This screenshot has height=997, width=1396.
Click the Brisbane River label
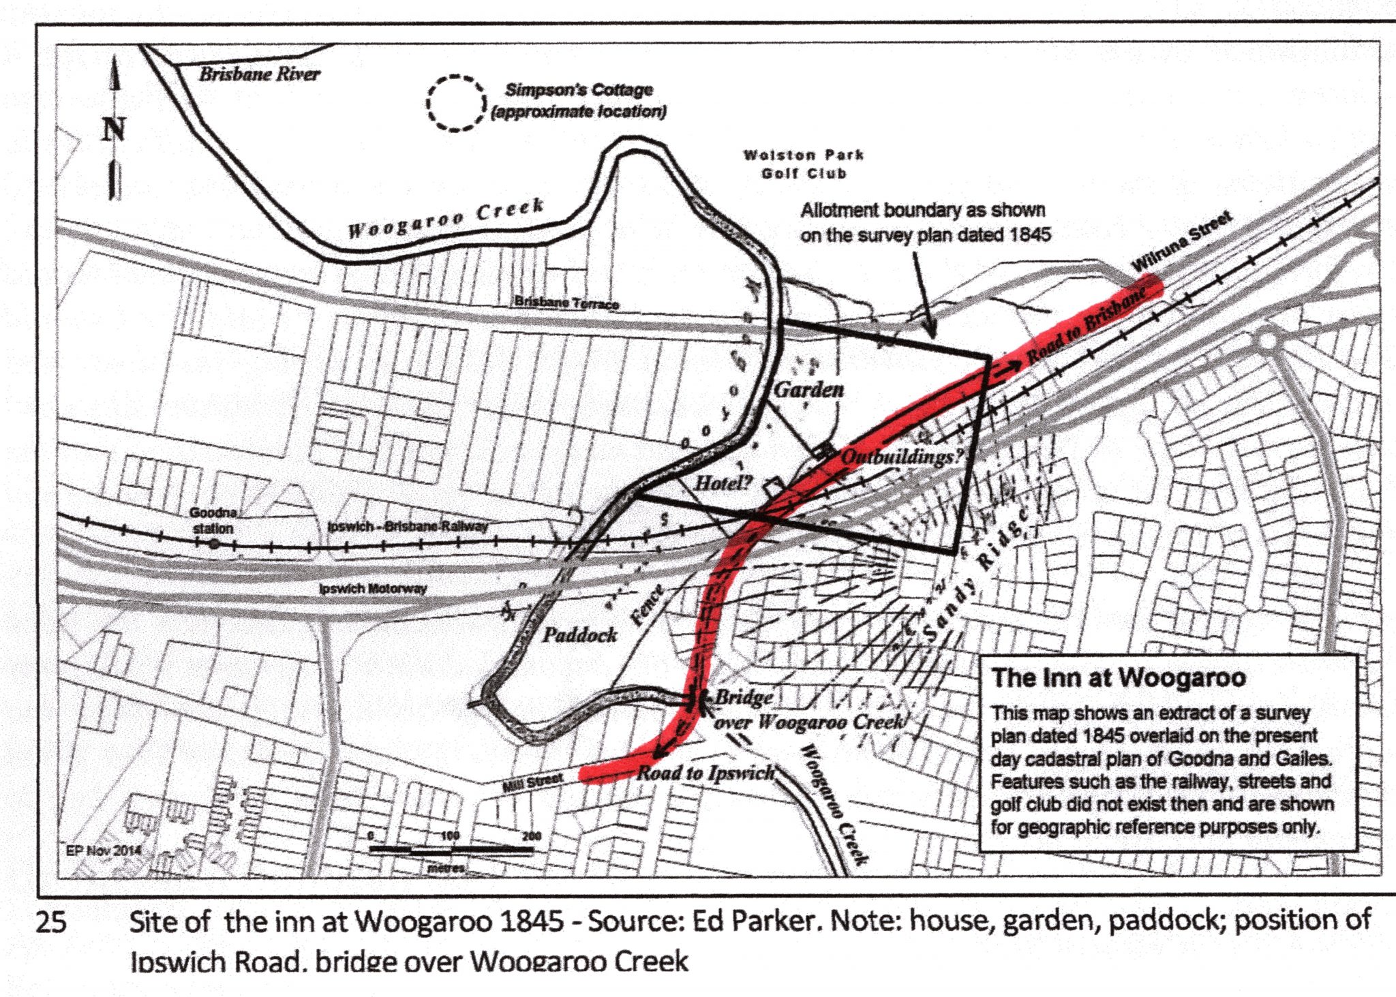259,74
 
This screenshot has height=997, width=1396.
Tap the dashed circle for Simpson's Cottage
455,103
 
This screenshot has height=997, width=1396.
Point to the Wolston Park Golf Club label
804,164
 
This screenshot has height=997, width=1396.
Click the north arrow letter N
114,129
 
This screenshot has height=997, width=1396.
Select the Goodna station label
212,520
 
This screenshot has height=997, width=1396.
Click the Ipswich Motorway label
374,588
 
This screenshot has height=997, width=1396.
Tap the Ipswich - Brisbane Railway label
408,527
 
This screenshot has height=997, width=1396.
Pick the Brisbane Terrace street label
566,303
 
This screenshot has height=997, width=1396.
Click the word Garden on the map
809,390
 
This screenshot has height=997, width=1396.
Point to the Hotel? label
723,484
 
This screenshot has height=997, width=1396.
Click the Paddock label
579,635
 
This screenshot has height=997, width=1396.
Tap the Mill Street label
532,783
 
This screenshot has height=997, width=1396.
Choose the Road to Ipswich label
705,773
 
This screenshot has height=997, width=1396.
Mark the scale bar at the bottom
451,850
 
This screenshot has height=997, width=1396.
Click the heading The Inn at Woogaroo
1119,678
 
